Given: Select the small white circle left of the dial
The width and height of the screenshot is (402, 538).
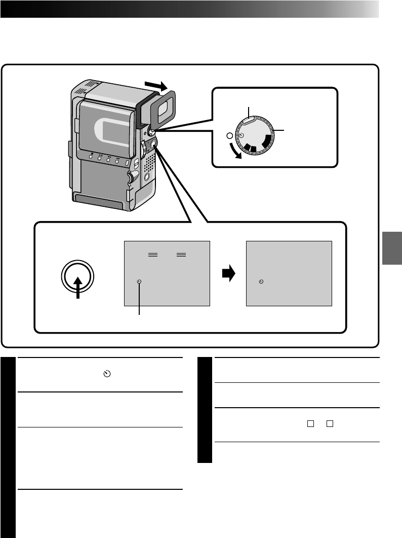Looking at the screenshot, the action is [x=229, y=136].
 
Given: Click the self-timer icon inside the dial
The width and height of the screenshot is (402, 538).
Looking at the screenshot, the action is [x=242, y=135].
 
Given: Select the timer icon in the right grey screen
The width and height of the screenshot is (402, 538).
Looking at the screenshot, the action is [x=261, y=281].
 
